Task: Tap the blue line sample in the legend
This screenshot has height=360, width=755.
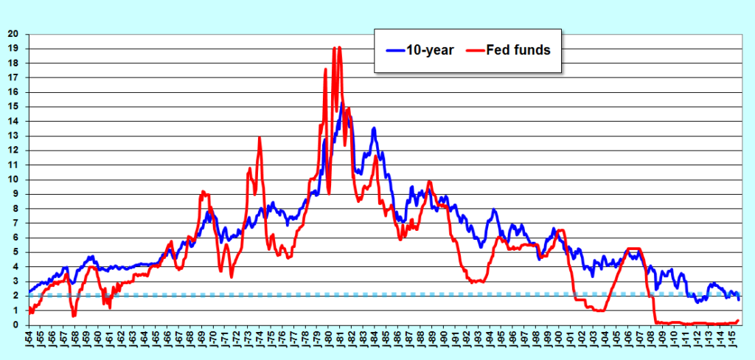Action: pyautogui.click(x=397, y=50)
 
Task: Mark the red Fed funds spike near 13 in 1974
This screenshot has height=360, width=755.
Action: pyautogui.click(x=260, y=138)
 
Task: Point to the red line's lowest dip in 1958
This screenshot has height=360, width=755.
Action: pyautogui.click(x=74, y=316)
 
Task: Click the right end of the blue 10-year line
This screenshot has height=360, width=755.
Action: pyautogui.click(x=739, y=299)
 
